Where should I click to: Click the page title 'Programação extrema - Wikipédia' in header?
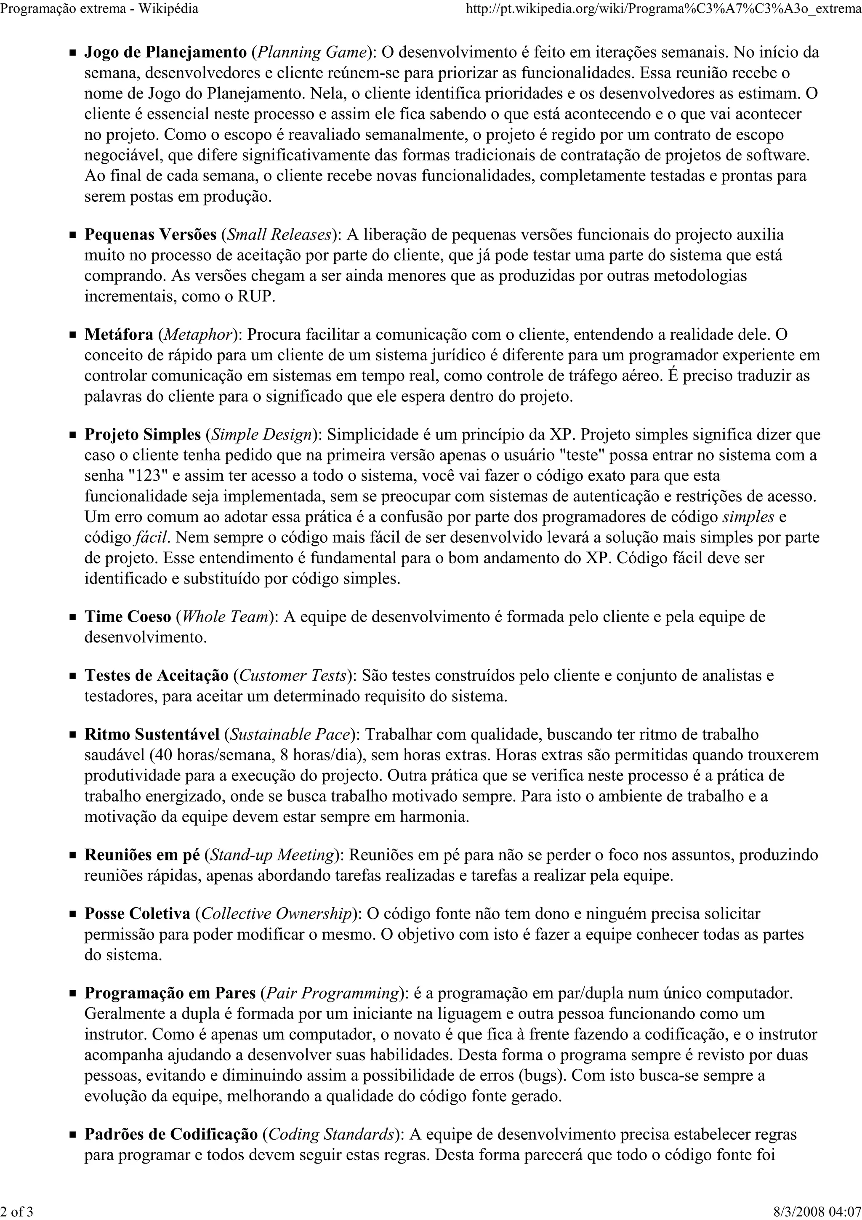(99, 8)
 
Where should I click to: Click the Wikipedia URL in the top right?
(662, 8)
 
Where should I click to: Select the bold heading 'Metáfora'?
(119, 335)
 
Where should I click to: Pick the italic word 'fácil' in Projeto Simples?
(152, 538)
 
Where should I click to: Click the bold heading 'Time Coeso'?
(128, 616)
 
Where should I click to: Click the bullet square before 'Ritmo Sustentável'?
(73, 735)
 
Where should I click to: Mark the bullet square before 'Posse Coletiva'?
(73, 914)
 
